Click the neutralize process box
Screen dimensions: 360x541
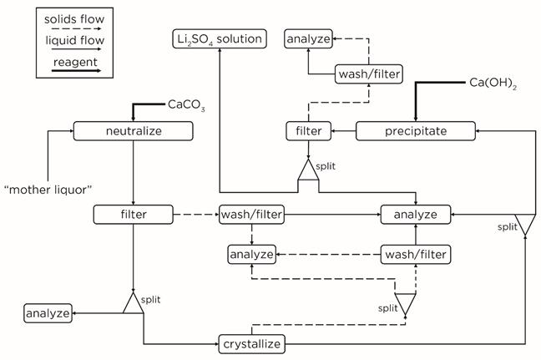click(x=134, y=131)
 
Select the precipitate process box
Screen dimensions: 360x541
click(x=416, y=131)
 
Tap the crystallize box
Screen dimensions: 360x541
click(x=251, y=343)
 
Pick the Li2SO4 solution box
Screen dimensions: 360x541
click(x=219, y=38)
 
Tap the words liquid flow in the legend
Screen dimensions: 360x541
click(x=67, y=40)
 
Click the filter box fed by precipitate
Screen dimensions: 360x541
click(x=303, y=131)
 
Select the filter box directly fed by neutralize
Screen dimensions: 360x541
click(x=134, y=215)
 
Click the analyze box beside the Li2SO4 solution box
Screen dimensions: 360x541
click(x=308, y=38)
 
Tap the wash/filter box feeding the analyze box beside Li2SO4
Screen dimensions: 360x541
click(x=368, y=74)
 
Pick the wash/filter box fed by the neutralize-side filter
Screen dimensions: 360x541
click(x=251, y=215)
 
